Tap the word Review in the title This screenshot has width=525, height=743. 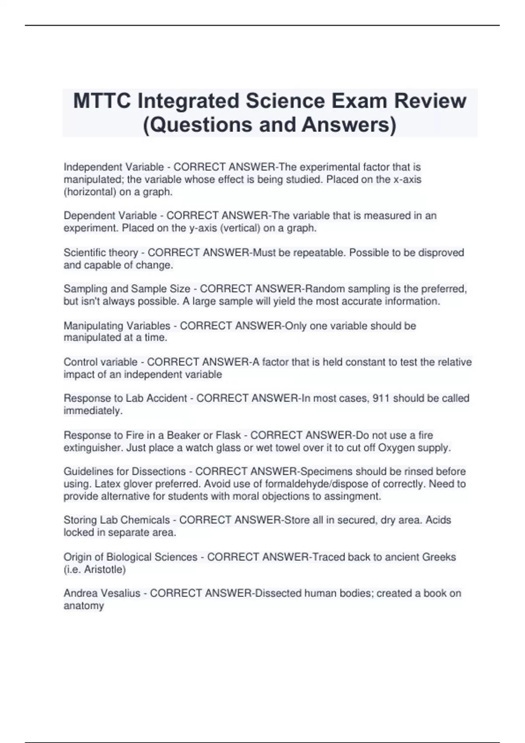[430, 101]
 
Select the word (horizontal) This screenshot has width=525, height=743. [90, 192]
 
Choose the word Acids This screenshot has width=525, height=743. [438, 520]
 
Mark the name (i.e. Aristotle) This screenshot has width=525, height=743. [94, 569]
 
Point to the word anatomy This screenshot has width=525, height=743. [84, 606]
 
